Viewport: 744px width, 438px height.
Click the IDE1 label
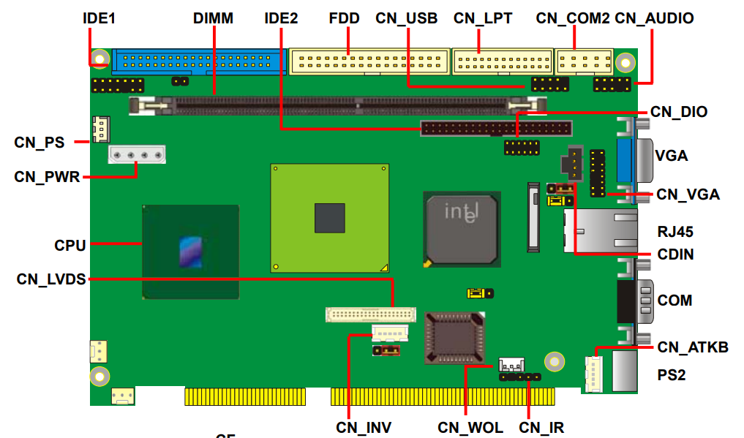[99, 18]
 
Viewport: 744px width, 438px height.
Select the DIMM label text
[213, 18]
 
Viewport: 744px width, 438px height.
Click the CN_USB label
[406, 18]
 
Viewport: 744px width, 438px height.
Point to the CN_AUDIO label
[654, 18]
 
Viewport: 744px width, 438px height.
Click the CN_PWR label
[47, 176]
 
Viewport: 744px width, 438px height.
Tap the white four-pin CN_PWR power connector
[137, 154]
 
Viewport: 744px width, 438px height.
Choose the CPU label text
[70, 245]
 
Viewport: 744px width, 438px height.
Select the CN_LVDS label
[51, 279]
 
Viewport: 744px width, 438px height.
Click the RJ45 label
[675, 233]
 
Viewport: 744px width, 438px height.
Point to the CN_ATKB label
[692, 347]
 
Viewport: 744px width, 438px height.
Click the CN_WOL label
[470, 427]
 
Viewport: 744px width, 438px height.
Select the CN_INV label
[364, 427]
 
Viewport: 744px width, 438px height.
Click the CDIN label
[675, 254]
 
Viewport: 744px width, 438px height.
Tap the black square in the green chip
[329, 218]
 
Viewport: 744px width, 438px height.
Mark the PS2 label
[672, 374]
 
